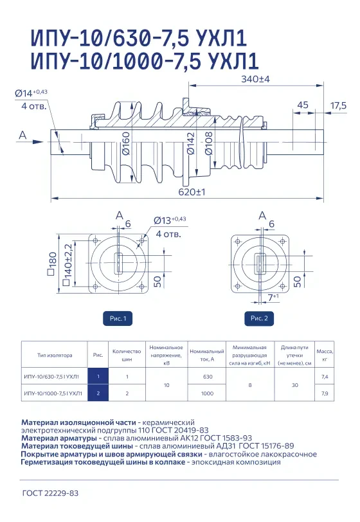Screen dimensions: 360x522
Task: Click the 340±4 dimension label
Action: tap(255, 79)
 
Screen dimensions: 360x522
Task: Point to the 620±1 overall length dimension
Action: tap(192, 192)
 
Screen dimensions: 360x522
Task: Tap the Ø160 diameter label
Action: tap(126, 143)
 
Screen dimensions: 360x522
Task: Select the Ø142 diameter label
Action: tap(190, 143)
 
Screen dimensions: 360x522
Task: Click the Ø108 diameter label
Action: tap(208, 143)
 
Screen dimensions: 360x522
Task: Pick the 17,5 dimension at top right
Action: tap(338, 105)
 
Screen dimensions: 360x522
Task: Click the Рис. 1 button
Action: tap(118, 319)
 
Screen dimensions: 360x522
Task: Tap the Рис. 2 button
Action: tap(260, 318)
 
